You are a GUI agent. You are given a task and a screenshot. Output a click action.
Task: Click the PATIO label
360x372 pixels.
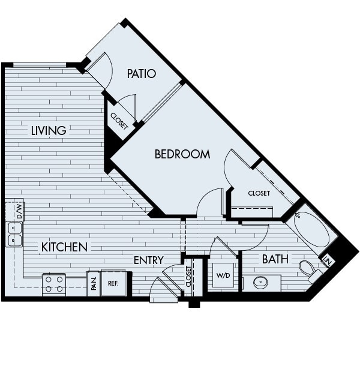pos(142,74)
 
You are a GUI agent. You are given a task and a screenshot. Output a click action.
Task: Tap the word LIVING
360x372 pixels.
pos(49,130)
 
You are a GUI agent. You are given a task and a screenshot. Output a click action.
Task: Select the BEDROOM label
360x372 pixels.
pos(182,154)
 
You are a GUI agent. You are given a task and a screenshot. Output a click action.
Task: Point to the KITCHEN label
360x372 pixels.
pos(64,247)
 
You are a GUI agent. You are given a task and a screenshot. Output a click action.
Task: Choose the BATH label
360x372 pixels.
pos(275,259)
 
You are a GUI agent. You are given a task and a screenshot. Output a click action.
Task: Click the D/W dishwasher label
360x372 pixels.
pos(19,211)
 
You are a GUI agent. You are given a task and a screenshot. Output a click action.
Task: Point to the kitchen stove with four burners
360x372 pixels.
pos(54,284)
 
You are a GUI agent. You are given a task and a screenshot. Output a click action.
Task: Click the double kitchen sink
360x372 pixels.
pos(14,234)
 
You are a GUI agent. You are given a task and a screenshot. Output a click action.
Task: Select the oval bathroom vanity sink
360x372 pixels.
pos(262,282)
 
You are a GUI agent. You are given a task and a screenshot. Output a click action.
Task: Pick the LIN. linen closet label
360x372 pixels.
pos(328,260)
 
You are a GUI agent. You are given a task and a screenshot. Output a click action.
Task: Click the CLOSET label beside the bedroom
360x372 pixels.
pos(259,193)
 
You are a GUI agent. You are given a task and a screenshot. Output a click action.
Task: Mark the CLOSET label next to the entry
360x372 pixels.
pos(188,277)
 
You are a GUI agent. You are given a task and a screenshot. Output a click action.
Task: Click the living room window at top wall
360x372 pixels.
pos(40,64)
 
